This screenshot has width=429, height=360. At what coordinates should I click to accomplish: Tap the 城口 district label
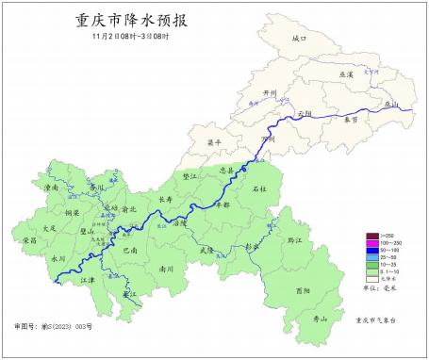[x=300, y=39]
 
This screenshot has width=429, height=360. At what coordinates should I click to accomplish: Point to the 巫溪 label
[x=345, y=74]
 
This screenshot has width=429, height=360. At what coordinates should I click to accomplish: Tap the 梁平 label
[x=215, y=143]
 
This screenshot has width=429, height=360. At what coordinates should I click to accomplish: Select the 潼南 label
[x=52, y=188]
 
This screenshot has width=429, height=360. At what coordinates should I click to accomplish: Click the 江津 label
[x=88, y=280]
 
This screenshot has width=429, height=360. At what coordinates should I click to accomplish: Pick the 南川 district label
[x=166, y=269]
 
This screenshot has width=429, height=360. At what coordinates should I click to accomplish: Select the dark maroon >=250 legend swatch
[x=372, y=236]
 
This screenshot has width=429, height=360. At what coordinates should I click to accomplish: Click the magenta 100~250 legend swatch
[x=372, y=243]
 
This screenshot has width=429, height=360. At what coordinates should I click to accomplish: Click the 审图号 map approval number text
[x=56, y=325]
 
